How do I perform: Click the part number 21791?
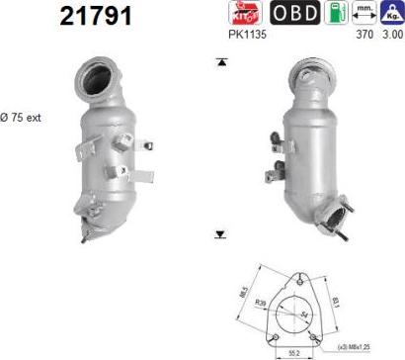pos(95,17)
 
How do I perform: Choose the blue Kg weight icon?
pos(391,14)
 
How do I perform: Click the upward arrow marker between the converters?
pos(220,62)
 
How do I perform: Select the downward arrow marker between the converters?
pos(220,235)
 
